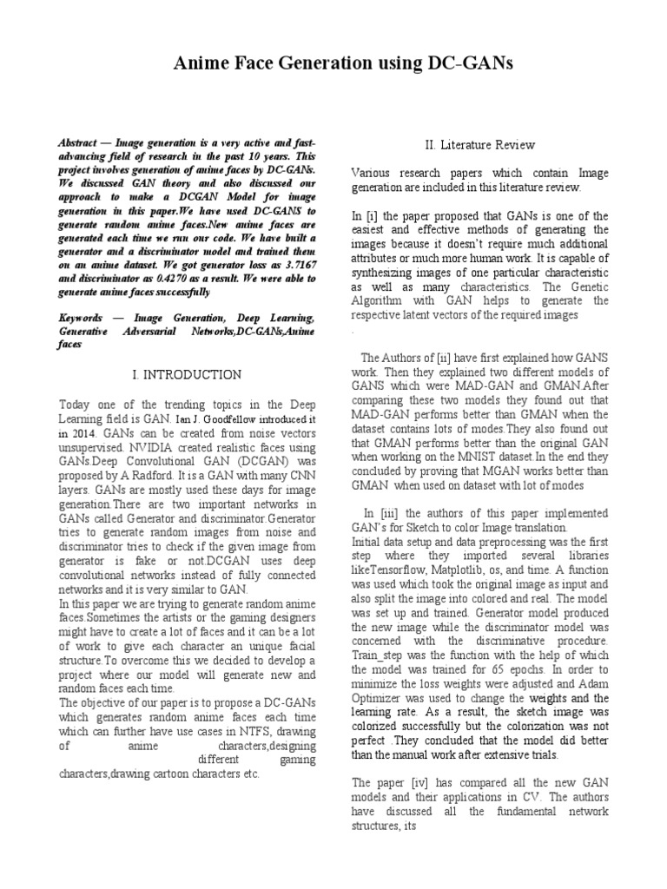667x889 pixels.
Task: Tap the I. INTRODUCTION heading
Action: click(x=187, y=375)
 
